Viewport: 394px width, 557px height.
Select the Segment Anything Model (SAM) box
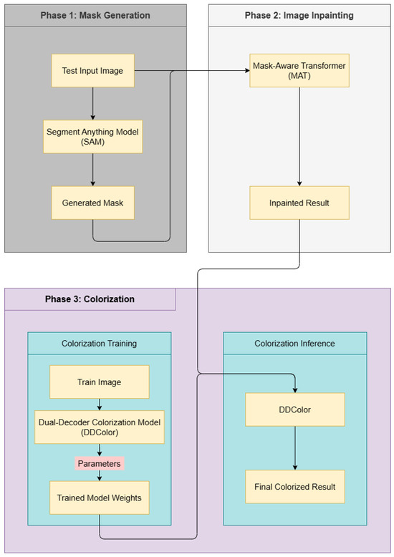point(93,136)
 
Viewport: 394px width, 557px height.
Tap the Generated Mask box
point(93,203)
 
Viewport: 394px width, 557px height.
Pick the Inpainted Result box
point(299,203)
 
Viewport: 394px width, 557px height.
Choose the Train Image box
point(99,382)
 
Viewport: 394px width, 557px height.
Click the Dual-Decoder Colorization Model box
point(99,427)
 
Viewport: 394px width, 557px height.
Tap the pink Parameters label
point(99,463)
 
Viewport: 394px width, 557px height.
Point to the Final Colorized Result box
point(295,487)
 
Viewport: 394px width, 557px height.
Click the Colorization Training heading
point(99,344)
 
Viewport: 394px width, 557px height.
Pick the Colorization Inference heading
point(295,344)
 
